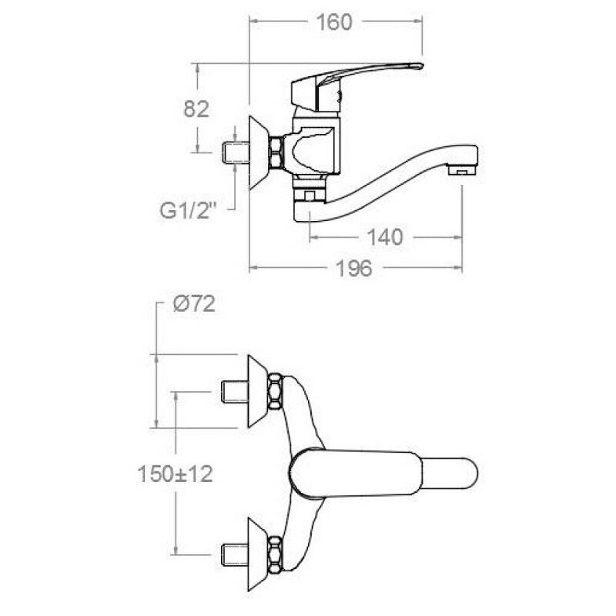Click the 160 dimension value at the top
coord(334,22)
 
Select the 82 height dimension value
coord(196,109)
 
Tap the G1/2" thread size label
coord(188,211)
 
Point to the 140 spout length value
coord(384,237)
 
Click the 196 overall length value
coord(353,269)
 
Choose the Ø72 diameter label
coord(194,303)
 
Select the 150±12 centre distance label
coord(176,474)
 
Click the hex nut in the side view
coord(276,152)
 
